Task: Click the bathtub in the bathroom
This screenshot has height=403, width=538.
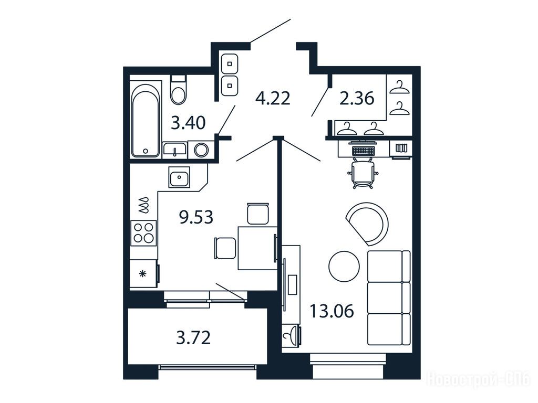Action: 146,120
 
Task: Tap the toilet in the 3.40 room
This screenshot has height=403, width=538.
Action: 178,90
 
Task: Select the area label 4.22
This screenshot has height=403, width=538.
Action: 273,99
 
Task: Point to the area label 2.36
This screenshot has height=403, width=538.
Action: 357,99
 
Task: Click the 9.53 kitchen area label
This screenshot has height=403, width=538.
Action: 196,217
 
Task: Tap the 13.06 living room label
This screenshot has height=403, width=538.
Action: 332,312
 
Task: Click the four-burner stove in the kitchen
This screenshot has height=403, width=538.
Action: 143,233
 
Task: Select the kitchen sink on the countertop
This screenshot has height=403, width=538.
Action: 179,177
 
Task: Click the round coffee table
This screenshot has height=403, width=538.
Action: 344,266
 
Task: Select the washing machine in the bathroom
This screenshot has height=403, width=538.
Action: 201,150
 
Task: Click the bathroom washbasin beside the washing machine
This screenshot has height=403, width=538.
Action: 175,150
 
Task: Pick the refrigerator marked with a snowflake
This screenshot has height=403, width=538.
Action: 144,273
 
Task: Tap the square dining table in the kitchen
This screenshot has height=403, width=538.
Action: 257,248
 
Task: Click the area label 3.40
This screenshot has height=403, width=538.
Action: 189,123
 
